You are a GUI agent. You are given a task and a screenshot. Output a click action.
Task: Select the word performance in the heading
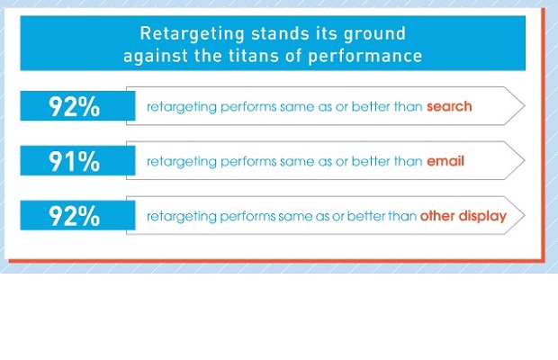point(365,57)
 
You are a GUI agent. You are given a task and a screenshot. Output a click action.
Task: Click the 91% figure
point(74,161)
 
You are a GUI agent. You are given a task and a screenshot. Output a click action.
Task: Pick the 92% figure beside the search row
point(74,106)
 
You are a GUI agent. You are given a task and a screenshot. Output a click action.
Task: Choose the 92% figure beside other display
point(74,216)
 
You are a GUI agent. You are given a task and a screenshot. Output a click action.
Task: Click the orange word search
point(449,106)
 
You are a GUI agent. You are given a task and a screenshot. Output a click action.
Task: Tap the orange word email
point(445,161)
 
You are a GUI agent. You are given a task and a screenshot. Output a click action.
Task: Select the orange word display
point(482,217)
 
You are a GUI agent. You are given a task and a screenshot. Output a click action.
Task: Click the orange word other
point(437,216)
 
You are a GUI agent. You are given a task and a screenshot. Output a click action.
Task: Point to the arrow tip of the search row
point(525,105)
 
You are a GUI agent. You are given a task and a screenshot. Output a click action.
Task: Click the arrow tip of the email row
point(525,160)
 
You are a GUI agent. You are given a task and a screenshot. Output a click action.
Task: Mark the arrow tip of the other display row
point(525,215)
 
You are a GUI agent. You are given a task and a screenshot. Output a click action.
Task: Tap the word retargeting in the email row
point(182,162)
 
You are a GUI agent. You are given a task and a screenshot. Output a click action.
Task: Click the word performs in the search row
point(248,107)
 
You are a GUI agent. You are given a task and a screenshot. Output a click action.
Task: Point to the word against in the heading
point(155,57)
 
